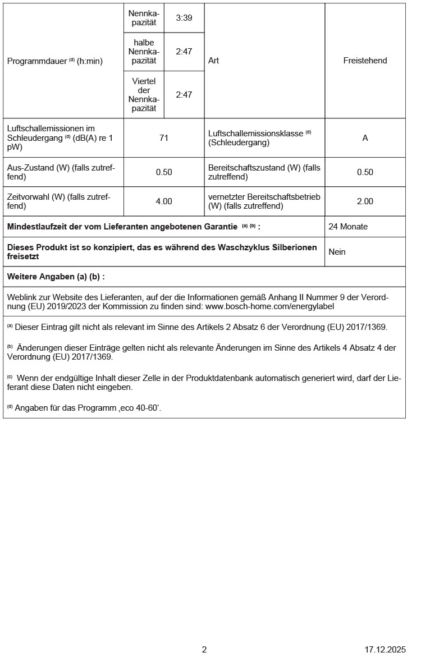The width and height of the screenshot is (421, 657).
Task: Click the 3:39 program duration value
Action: (x=184, y=18)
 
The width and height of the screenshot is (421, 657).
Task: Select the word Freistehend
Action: (x=365, y=61)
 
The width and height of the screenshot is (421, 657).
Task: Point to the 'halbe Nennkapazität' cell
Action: (x=144, y=52)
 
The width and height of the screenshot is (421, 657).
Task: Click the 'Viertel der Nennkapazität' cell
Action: (x=144, y=94)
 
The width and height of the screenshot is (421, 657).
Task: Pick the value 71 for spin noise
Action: (x=164, y=137)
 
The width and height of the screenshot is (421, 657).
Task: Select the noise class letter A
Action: (x=365, y=137)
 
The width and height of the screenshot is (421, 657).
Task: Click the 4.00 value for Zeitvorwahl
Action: (x=164, y=201)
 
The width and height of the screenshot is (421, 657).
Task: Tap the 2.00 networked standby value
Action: (x=365, y=201)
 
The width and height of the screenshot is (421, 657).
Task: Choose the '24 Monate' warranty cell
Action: (x=348, y=227)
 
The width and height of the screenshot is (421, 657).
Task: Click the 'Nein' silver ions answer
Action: (x=337, y=252)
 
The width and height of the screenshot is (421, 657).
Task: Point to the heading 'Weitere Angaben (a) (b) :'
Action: (x=56, y=277)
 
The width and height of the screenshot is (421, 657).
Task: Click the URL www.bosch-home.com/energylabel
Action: (x=269, y=307)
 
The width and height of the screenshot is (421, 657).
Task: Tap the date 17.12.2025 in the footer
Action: (x=385, y=650)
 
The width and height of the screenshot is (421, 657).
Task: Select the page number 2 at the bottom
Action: (x=204, y=650)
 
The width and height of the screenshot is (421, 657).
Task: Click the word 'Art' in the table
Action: (x=213, y=61)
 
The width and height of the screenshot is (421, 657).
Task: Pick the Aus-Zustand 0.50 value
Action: (x=164, y=172)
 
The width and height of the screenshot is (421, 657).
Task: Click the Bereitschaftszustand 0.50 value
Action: (x=365, y=172)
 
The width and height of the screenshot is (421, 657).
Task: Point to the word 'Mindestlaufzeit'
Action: (x=34, y=227)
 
